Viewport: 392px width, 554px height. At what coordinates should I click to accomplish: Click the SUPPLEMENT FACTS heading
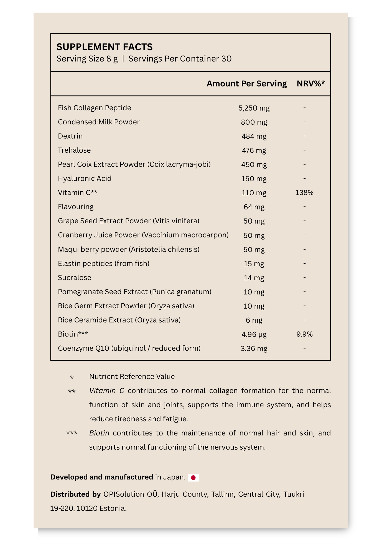pos(105,47)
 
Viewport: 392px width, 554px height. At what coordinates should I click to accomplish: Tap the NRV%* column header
pos(310,84)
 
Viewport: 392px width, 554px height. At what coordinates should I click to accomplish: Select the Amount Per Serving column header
pos(246,84)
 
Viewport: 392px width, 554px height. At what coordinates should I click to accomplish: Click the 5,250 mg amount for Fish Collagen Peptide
pos(254,108)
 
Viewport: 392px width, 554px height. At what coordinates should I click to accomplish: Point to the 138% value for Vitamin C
pos(304,193)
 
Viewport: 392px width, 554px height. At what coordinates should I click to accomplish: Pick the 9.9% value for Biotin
pos(304,334)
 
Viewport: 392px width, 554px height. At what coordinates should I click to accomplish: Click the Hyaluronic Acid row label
pos(85,179)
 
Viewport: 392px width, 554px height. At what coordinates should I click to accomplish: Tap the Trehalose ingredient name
pos(74,150)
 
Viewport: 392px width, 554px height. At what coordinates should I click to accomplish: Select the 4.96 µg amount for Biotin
pos(254,335)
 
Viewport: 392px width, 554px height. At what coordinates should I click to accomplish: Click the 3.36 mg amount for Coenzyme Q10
pos(254,349)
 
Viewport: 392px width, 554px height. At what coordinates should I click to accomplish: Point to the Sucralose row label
pos(74,278)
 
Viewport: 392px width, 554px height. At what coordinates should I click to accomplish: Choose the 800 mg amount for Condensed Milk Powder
pos(254,122)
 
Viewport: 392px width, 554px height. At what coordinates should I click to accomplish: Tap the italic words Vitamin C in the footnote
pos(106,391)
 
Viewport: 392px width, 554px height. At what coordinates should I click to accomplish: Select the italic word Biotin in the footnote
pos(99,433)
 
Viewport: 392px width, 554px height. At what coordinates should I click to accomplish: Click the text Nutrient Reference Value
pos(132,377)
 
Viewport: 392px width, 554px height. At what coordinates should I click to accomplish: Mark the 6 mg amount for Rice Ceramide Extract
pos(254,320)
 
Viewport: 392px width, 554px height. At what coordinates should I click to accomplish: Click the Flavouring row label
pos(75,207)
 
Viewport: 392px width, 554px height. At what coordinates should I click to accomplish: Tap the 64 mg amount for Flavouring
pos(254,207)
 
